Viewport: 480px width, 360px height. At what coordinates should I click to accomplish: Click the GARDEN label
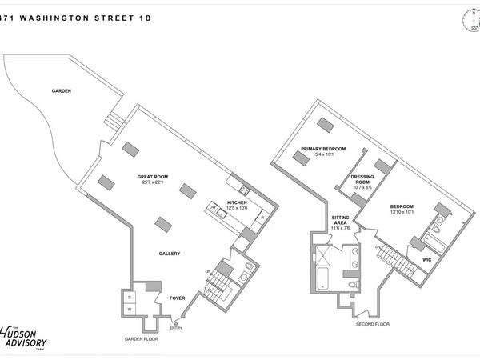(62, 91)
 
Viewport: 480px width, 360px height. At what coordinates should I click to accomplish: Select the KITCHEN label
(238, 202)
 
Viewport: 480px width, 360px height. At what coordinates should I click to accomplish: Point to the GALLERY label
(169, 254)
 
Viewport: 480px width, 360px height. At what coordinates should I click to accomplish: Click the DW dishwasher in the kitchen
(214, 208)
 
